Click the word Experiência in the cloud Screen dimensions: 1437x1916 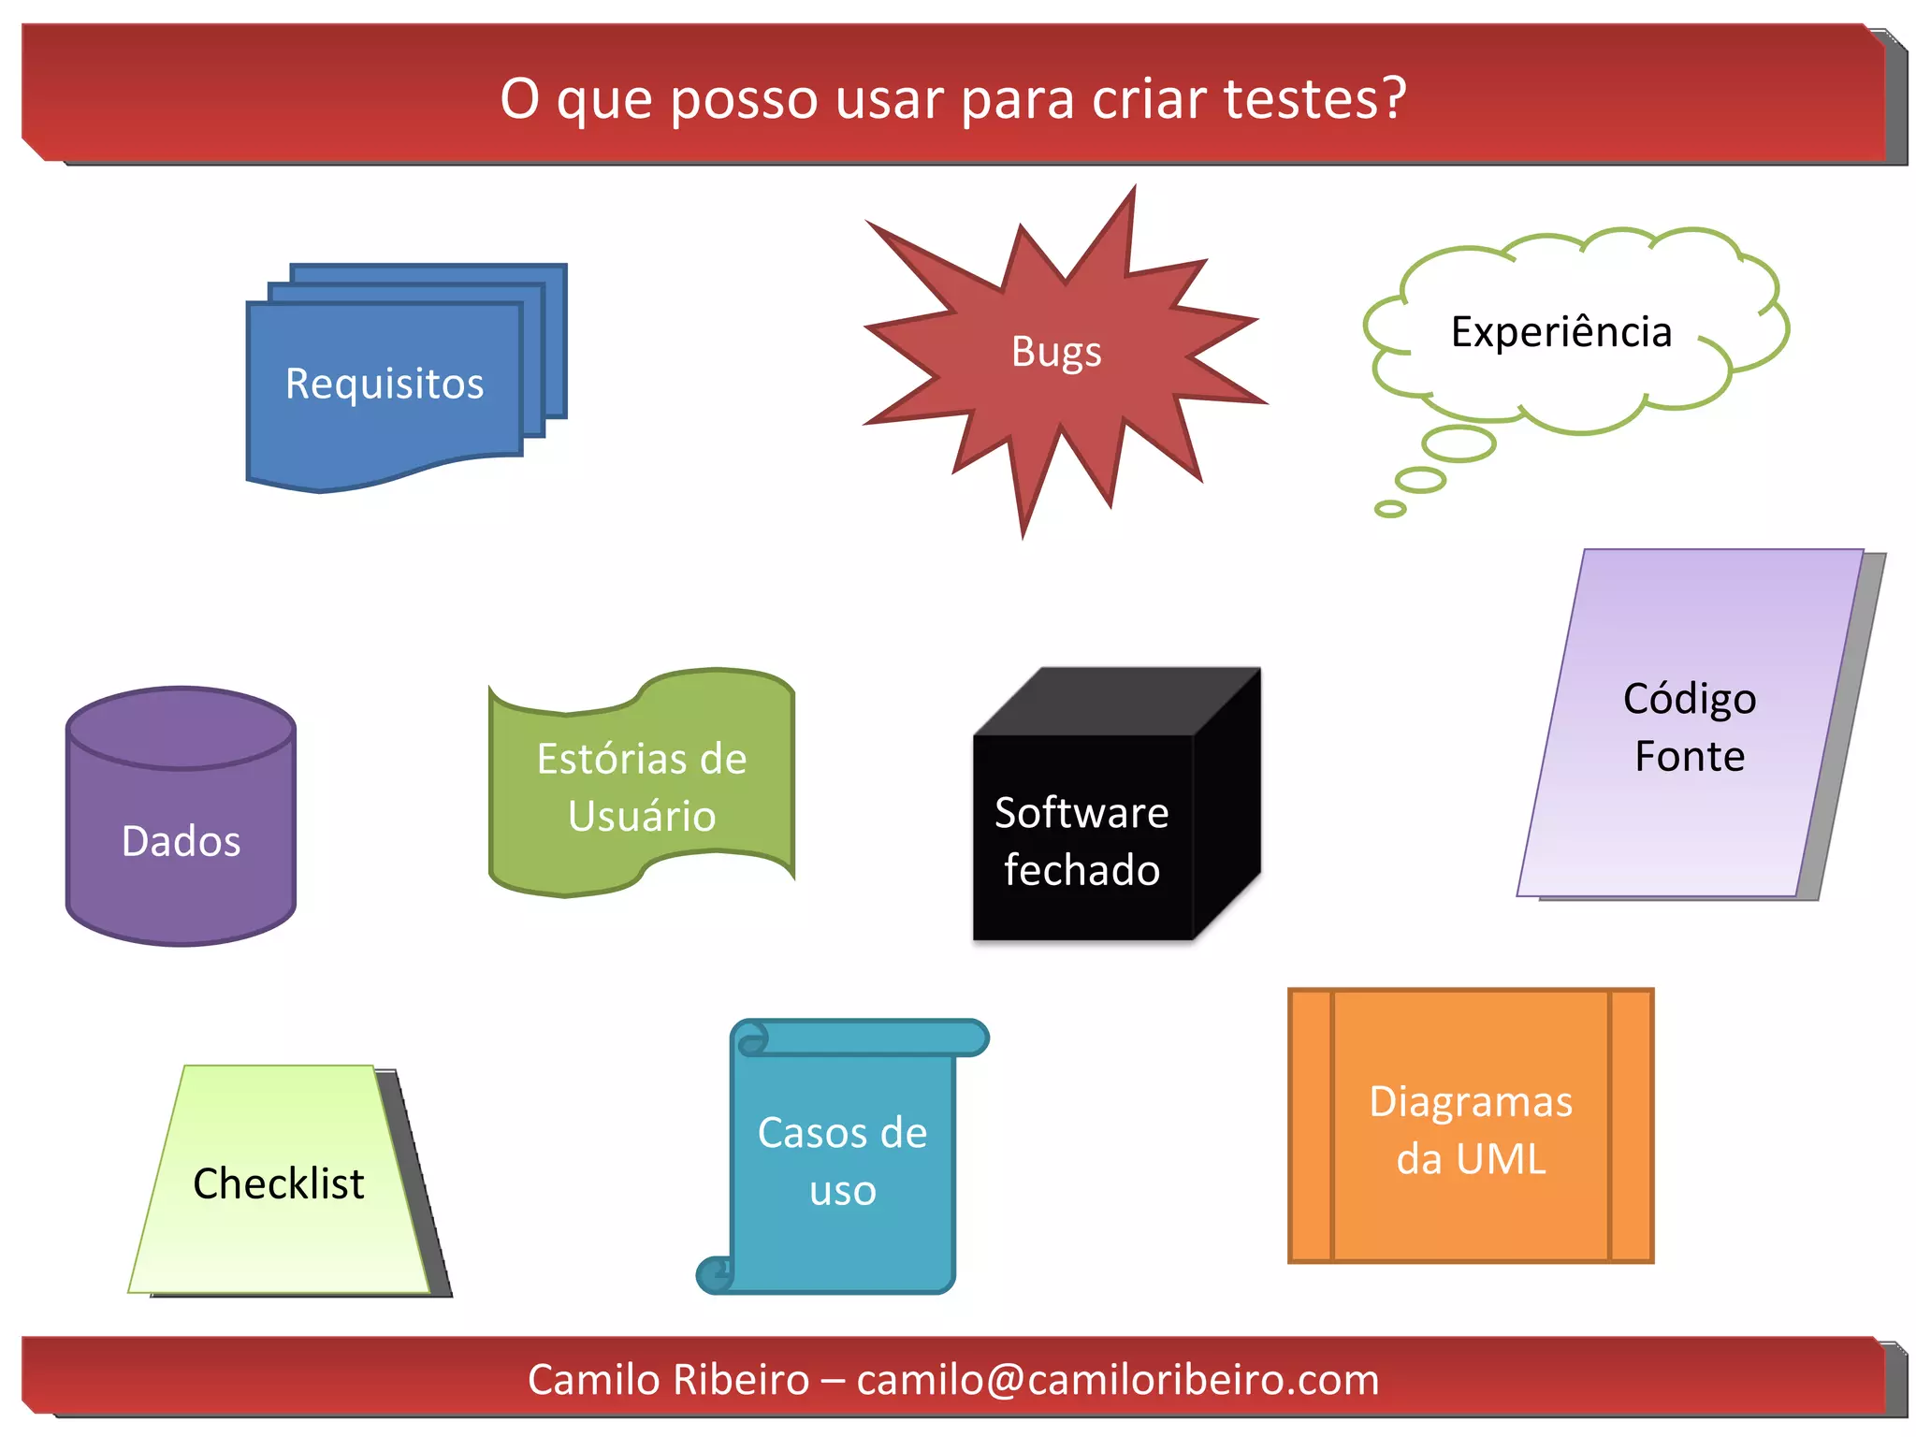click(1560, 332)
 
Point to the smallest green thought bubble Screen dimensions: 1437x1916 click(1390, 509)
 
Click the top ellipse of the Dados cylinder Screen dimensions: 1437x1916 click(181, 728)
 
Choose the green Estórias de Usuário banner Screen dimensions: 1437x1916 click(642, 786)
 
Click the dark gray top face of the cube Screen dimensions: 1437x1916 click(1118, 702)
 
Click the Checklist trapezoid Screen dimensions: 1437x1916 click(279, 1183)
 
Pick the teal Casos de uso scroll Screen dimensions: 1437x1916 click(842, 1161)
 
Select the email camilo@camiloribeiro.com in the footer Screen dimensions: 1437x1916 click(1117, 1380)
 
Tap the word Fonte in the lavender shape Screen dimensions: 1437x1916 click(1689, 756)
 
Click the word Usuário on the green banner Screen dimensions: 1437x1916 click(642, 816)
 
